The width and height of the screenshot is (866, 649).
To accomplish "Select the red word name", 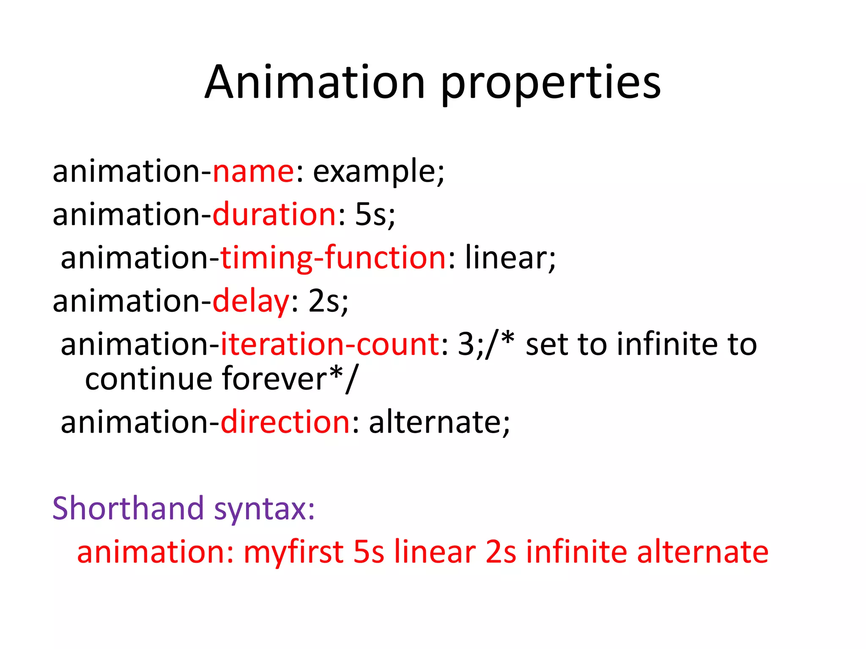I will (x=253, y=172).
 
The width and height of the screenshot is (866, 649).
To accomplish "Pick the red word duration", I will (x=274, y=214).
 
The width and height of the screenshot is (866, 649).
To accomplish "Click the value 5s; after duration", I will (x=375, y=215).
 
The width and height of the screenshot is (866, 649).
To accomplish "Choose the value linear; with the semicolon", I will (x=510, y=258).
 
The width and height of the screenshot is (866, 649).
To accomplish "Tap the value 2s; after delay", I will (x=328, y=301).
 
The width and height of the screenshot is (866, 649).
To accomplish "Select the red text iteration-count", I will (x=330, y=344).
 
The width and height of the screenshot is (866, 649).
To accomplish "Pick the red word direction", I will (x=285, y=422).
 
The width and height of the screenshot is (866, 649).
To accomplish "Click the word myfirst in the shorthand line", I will (x=293, y=553).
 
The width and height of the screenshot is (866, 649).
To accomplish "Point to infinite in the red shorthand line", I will (x=576, y=552).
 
